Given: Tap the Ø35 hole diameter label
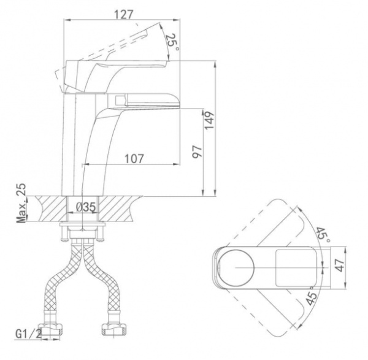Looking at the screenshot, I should (85, 207).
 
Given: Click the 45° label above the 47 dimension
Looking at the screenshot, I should (323, 235).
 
